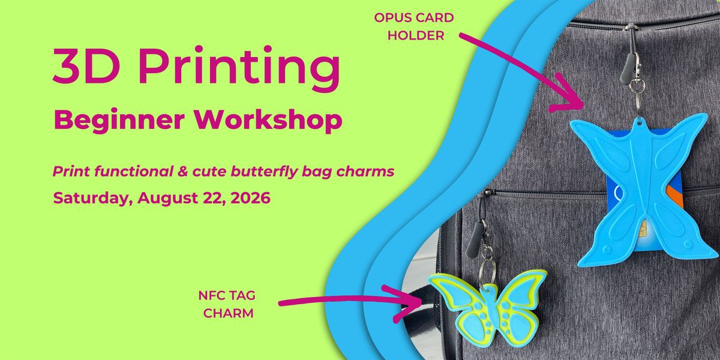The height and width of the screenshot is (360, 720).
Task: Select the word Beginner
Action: click(119, 121)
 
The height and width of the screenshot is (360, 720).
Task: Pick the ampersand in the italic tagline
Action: click(182, 172)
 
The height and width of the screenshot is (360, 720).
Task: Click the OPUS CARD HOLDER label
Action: click(415, 26)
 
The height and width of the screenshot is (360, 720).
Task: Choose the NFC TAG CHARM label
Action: click(227, 304)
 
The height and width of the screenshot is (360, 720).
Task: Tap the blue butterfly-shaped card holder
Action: click(638, 190)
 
